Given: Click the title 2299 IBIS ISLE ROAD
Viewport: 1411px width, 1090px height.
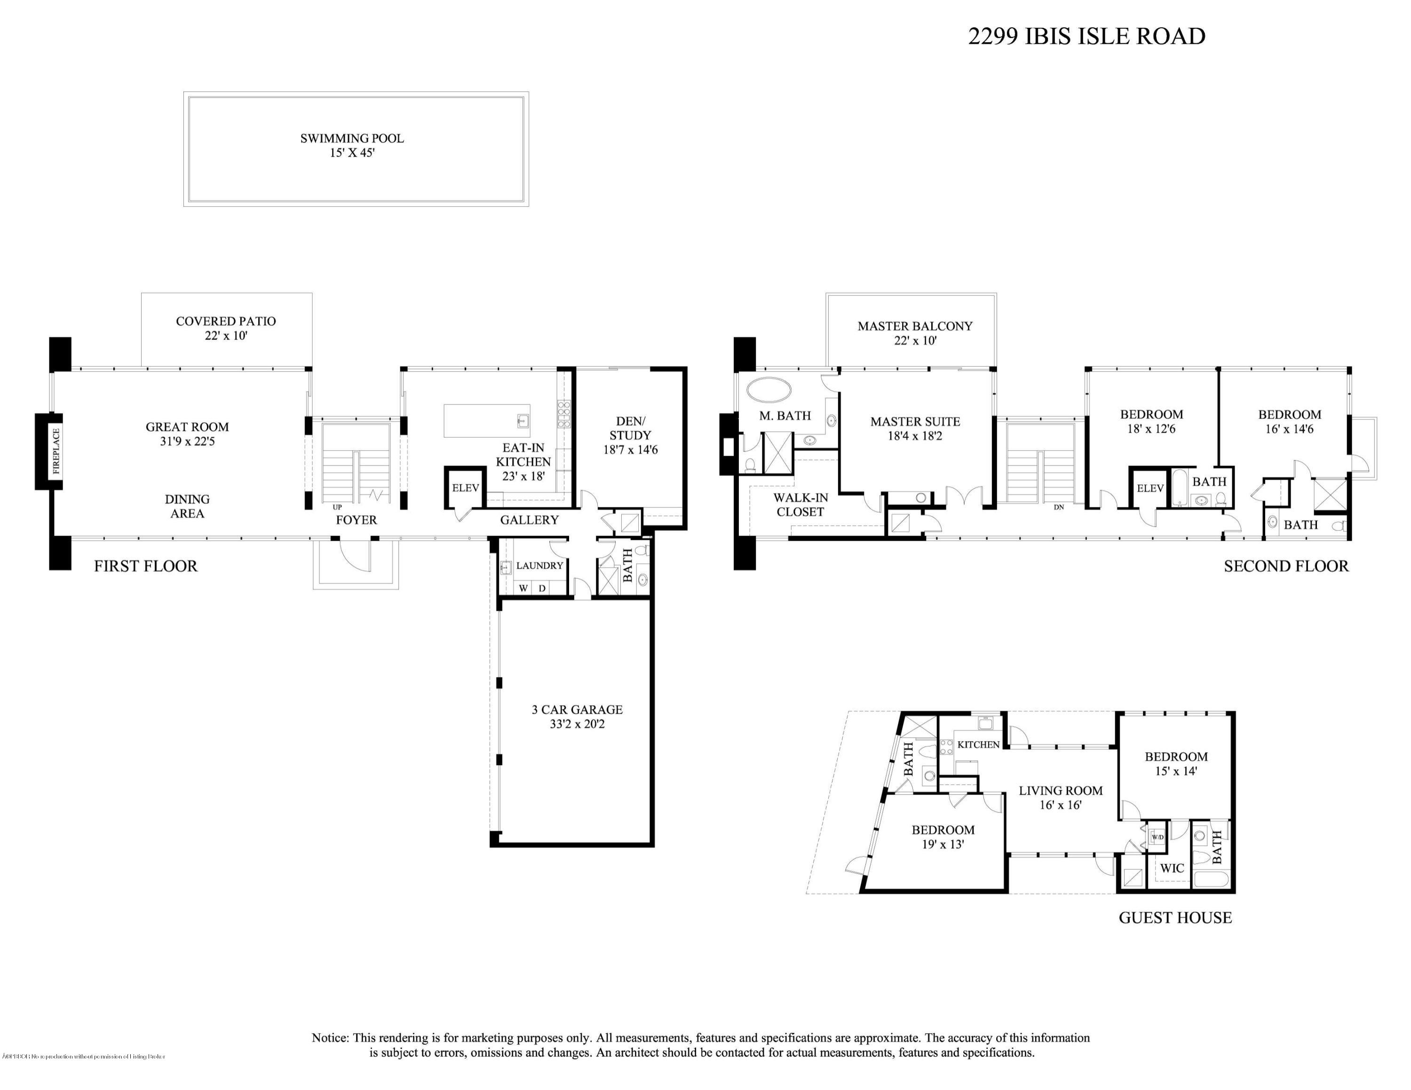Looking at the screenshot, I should tap(1086, 36).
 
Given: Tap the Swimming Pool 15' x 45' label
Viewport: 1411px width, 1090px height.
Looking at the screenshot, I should tap(352, 146).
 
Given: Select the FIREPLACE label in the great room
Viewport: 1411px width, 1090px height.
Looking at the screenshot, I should tap(56, 451).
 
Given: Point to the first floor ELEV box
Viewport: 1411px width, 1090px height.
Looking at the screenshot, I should tap(465, 488).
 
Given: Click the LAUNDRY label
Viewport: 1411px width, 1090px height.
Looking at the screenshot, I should tap(539, 566).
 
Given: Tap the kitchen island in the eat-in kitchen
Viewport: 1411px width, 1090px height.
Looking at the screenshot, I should tap(486, 421).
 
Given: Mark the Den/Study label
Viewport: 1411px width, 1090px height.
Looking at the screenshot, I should tap(630, 435).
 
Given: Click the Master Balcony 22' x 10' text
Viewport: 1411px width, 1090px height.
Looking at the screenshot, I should tap(915, 333).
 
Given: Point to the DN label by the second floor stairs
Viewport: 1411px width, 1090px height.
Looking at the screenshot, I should tap(1058, 507).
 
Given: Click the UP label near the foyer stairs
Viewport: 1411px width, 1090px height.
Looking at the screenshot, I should tap(337, 507).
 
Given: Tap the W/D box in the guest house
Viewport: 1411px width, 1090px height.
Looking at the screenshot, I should tap(1157, 837).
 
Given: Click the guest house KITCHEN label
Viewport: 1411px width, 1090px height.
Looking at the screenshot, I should tap(978, 744).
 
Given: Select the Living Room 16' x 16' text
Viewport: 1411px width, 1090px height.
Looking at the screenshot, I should tap(1060, 798).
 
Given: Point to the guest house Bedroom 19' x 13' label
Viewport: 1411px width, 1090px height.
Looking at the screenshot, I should tap(943, 837).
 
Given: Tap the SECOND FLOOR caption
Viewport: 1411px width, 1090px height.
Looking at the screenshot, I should tap(1286, 566).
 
